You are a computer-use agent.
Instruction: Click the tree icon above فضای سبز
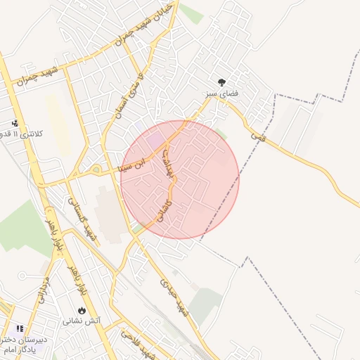coord(222,82)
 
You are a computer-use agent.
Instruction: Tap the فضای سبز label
coord(222,93)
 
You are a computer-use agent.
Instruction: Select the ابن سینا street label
coord(134,165)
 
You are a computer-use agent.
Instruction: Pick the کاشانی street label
coord(164,207)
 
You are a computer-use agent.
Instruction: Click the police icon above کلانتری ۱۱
coord(15,123)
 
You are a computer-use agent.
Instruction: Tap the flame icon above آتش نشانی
coord(82,310)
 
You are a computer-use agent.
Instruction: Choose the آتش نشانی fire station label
coord(82,321)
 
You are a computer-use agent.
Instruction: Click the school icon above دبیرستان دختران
coord(20,328)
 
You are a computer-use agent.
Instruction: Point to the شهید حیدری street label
coord(175,297)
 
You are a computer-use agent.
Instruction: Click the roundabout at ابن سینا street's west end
coord(96,169)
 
